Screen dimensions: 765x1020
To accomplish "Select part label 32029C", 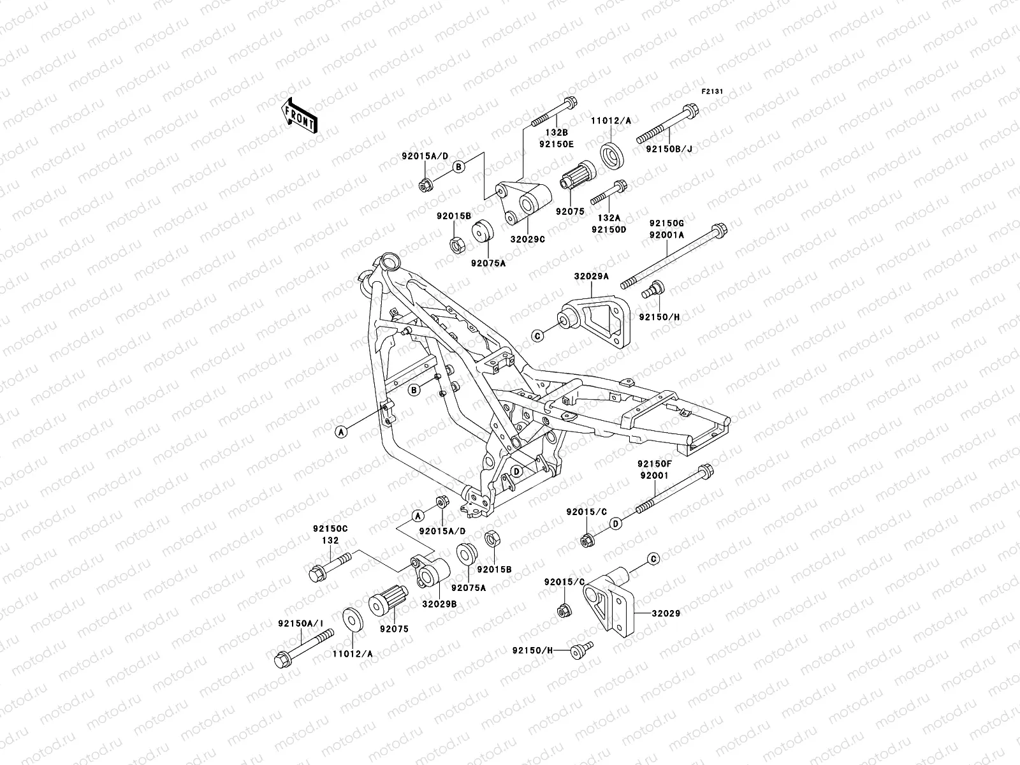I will click(527, 238).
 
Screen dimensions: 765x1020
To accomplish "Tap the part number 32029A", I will click(590, 277).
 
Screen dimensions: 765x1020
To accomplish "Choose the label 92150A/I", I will click(300, 623).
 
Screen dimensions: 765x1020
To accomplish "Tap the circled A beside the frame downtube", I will click(341, 432).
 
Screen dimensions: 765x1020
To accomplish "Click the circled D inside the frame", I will click(517, 471).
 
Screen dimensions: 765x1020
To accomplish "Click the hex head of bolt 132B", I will click(571, 102).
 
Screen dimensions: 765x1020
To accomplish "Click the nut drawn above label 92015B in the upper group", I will click(457, 244).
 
